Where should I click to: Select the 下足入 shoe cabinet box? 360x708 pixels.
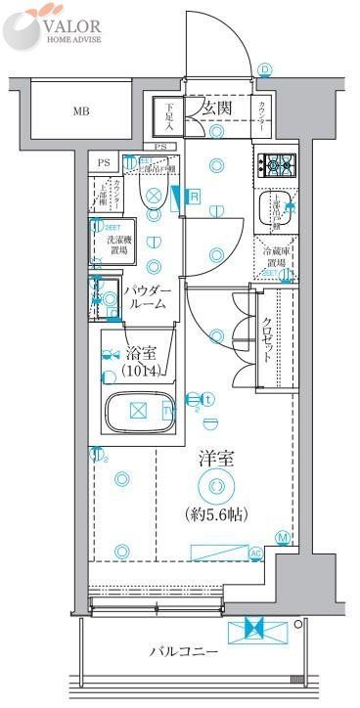(169, 116)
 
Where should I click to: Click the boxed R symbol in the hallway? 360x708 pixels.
(194, 197)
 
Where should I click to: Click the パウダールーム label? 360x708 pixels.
(148, 298)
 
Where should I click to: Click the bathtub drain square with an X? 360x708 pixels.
(138, 409)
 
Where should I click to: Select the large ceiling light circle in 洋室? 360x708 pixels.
(215, 486)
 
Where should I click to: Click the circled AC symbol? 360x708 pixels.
(256, 553)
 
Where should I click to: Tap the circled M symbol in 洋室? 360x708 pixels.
(282, 537)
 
